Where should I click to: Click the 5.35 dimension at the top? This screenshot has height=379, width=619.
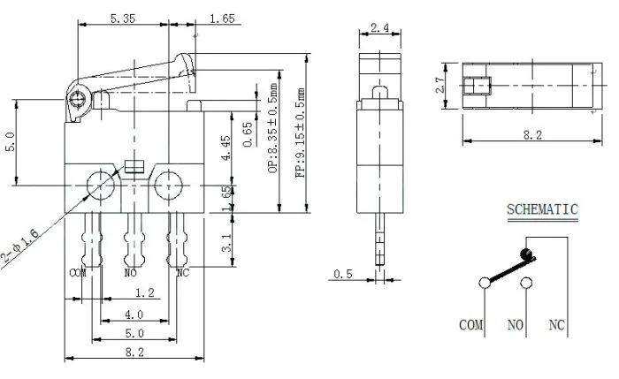122,19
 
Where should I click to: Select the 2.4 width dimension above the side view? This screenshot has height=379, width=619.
379,27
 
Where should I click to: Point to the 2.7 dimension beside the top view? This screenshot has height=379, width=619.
439,85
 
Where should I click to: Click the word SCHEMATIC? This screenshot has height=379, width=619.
542,209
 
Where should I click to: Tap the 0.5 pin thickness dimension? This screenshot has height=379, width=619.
343,274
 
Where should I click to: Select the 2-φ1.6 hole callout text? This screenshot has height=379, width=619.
20,246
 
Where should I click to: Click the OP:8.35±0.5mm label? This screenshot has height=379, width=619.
272,128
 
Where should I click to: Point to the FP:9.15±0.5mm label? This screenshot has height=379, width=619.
300,133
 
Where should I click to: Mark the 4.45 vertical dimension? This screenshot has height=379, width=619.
225,148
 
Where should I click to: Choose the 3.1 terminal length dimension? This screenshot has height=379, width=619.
226,243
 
